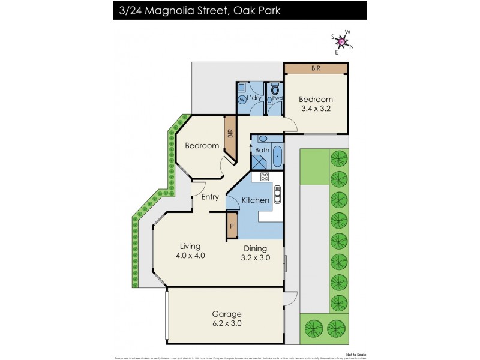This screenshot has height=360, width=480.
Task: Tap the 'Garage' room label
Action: [227, 314]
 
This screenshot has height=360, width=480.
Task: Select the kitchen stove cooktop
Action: [264, 177]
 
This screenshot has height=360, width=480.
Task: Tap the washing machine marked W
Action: [242, 100]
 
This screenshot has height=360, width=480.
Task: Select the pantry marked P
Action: [232, 227]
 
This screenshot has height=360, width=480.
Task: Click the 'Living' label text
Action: [190, 246]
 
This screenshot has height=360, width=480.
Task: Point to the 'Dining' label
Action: [255, 248]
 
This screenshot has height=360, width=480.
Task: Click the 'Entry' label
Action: [210, 197]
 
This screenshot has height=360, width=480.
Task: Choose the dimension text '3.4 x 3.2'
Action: [316, 109]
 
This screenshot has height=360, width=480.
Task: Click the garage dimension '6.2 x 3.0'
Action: [227, 323]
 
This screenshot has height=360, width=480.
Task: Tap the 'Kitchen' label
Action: [255, 200]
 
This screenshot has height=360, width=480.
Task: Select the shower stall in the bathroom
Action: [259, 161]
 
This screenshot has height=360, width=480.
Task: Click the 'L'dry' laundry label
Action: [256, 98]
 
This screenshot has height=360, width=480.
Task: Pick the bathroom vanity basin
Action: [263, 139]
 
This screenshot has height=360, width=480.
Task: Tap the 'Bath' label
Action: [262, 150]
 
